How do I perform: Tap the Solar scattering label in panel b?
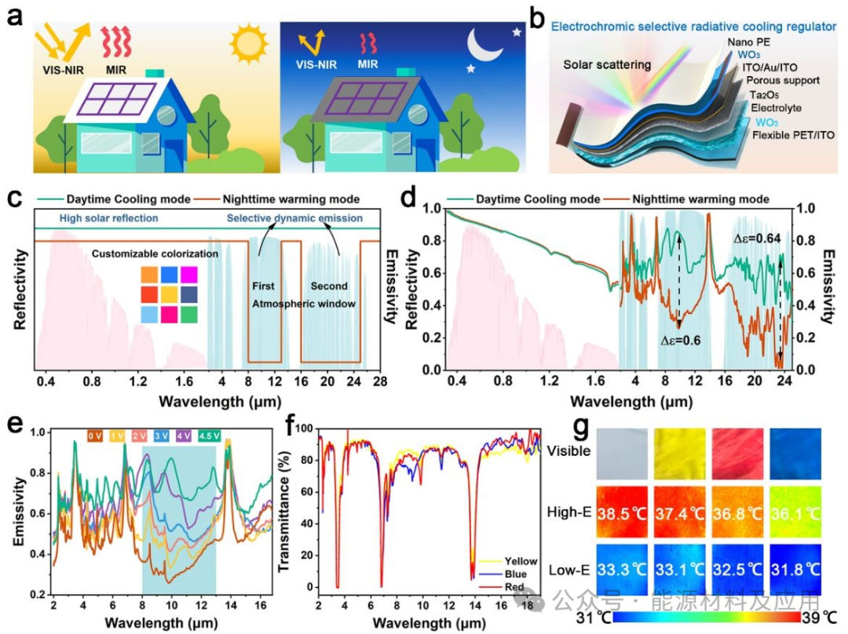[x=607, y=64]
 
